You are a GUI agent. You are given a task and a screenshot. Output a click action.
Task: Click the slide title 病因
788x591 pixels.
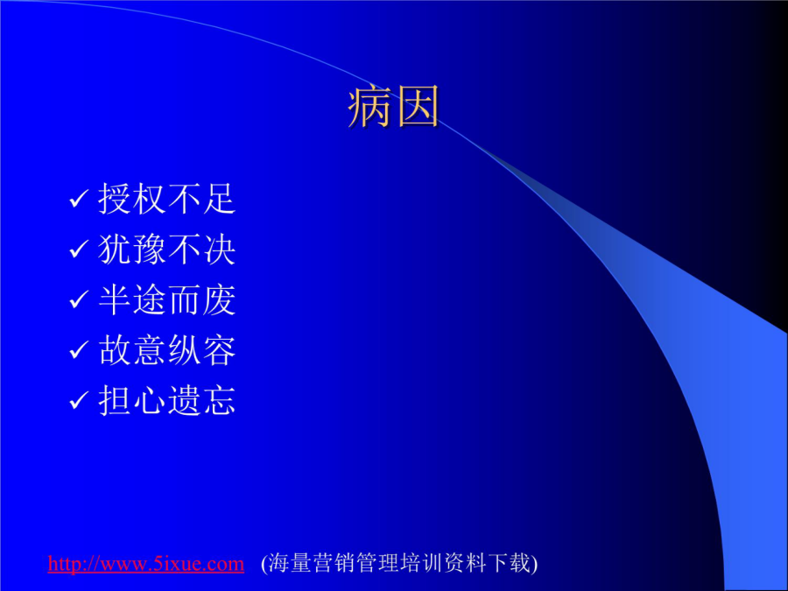point(393,106)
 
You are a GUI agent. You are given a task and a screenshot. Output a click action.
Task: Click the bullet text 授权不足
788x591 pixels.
point(167,199)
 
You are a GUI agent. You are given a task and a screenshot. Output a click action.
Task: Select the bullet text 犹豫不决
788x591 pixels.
point(167,250)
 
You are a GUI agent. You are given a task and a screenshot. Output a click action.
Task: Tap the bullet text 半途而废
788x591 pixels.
point(167,300)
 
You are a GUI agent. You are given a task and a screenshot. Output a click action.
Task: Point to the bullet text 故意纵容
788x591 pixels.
point(167,350)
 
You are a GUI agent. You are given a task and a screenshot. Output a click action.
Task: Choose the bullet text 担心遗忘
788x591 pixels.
point(167,400)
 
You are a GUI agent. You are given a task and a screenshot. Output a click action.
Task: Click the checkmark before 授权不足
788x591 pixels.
point(79,199)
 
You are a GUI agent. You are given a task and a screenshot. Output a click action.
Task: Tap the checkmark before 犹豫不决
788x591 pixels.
point(79,250)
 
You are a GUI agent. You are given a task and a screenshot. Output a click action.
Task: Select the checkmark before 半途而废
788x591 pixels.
point(79,300)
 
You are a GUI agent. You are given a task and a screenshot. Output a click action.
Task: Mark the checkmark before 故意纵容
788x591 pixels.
point(79,350)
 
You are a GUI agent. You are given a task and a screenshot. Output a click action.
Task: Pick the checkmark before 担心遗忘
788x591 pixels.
point(79,401)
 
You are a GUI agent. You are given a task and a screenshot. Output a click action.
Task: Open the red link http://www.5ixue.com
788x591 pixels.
point(145,563)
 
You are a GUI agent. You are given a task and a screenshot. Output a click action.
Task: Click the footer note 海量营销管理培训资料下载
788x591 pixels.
point(399,563)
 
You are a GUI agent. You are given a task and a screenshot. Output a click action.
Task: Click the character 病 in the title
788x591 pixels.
point(369,106)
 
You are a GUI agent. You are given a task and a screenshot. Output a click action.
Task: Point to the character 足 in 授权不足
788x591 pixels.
point(220,199)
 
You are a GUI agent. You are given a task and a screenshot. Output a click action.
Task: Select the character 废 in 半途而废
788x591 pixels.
point(220,300)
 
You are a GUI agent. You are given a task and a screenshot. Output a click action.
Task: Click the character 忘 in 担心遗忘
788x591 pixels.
point(220,400)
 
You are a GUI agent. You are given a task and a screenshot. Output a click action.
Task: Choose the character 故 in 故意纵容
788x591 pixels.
point(115,350)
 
